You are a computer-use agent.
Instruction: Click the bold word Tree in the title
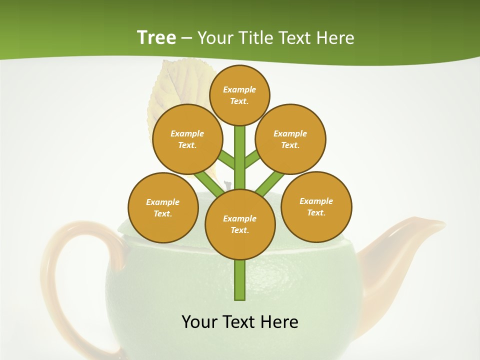pos(156,37)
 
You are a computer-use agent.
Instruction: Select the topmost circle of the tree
pos(239,95)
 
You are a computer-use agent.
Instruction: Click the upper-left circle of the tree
pos(187,139)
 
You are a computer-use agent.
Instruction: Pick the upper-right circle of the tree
pos(290,139)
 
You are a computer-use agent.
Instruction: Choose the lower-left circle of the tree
pos(163,207)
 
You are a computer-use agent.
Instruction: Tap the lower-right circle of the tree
pos(316,206)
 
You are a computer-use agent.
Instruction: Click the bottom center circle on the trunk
pos(240,224)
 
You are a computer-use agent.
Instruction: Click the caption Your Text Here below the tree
pos(240,321)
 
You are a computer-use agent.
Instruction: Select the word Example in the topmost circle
pos(239,89)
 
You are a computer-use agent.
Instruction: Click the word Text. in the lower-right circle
pos(316,212)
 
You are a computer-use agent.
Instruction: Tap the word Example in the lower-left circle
pos(162,202)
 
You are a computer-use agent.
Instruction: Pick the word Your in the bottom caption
pos(199,321)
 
